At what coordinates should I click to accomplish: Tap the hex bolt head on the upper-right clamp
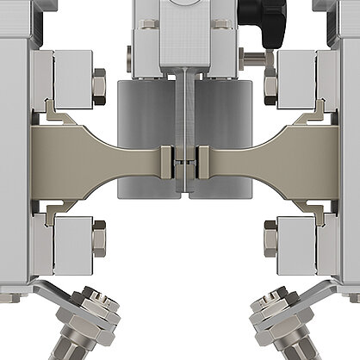coord(270,84)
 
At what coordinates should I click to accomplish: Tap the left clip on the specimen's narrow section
coord(167,159)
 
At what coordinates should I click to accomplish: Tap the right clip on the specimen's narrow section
coord(203,159)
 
